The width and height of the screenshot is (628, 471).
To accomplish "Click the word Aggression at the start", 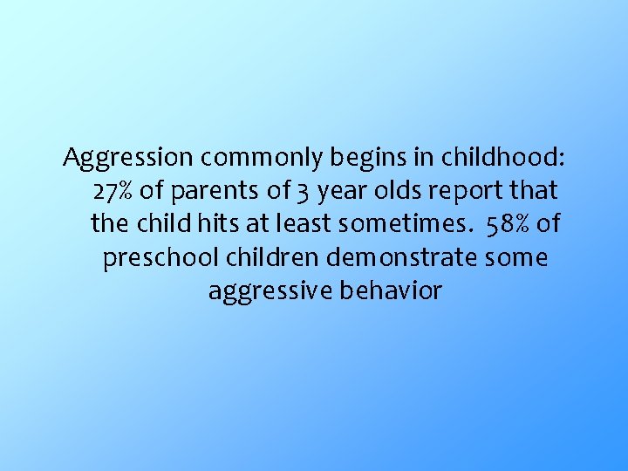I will tap(128, 158).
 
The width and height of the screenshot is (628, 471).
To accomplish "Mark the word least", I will tap(305, 223).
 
